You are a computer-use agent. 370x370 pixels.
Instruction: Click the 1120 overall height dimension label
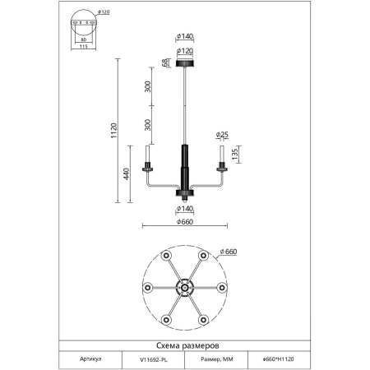click(114, 131)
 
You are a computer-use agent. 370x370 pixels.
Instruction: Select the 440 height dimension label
click(126, 174)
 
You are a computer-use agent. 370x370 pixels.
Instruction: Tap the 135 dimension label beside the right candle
click(235, 155)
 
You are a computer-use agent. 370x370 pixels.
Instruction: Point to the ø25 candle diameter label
click(222, 134)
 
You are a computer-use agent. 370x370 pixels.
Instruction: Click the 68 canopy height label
click(164, 63)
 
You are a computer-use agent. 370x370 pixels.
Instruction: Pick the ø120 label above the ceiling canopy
click(185, 51)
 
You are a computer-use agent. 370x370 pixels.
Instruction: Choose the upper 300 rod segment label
click(147, 86)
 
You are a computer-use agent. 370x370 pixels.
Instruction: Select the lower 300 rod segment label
click(147, 125)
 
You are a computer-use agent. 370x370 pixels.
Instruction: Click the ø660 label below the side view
click(185, 221)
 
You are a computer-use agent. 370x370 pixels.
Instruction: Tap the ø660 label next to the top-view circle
click(229, 252)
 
